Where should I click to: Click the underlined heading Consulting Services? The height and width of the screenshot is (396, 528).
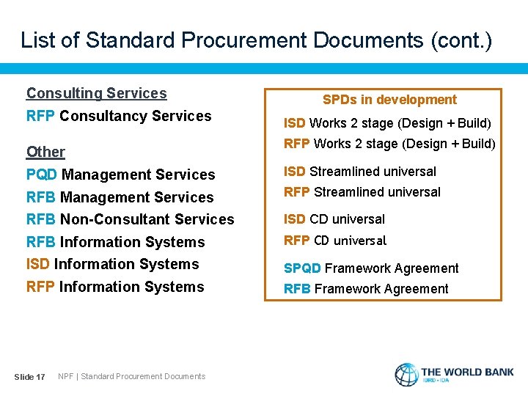coord(97,93)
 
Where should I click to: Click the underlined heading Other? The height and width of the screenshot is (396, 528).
coord(45,152)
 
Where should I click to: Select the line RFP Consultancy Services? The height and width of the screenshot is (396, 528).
coord(119,116)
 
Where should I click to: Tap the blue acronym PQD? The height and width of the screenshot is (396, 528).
coord(42,175)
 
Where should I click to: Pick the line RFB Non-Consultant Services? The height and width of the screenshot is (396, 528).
coord(130,219)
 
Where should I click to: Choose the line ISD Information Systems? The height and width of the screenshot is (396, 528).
coord(112,264)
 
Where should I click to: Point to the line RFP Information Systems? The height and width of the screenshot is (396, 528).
coord(115,287)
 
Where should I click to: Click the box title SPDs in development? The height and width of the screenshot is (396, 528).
coord(390,100)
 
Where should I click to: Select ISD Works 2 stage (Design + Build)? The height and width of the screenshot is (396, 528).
coord(387,123)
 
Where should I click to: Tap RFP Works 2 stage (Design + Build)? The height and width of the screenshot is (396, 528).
coord(389,144)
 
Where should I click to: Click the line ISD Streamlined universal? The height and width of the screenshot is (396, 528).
coord(360,172)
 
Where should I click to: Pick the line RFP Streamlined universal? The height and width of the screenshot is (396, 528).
coord(362,192)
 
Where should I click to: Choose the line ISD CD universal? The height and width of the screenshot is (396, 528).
coord(334,219)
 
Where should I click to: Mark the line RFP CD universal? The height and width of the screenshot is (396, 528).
coord(335,241)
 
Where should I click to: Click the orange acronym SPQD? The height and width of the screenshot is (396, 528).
coord(302,268)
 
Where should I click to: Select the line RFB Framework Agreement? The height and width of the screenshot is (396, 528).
coord(366,289)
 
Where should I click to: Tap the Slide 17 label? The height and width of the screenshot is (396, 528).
coord(30,377)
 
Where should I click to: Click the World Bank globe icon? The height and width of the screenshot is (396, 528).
coord(406,374)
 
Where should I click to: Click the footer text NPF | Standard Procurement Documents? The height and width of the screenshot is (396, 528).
coord(132,376)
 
